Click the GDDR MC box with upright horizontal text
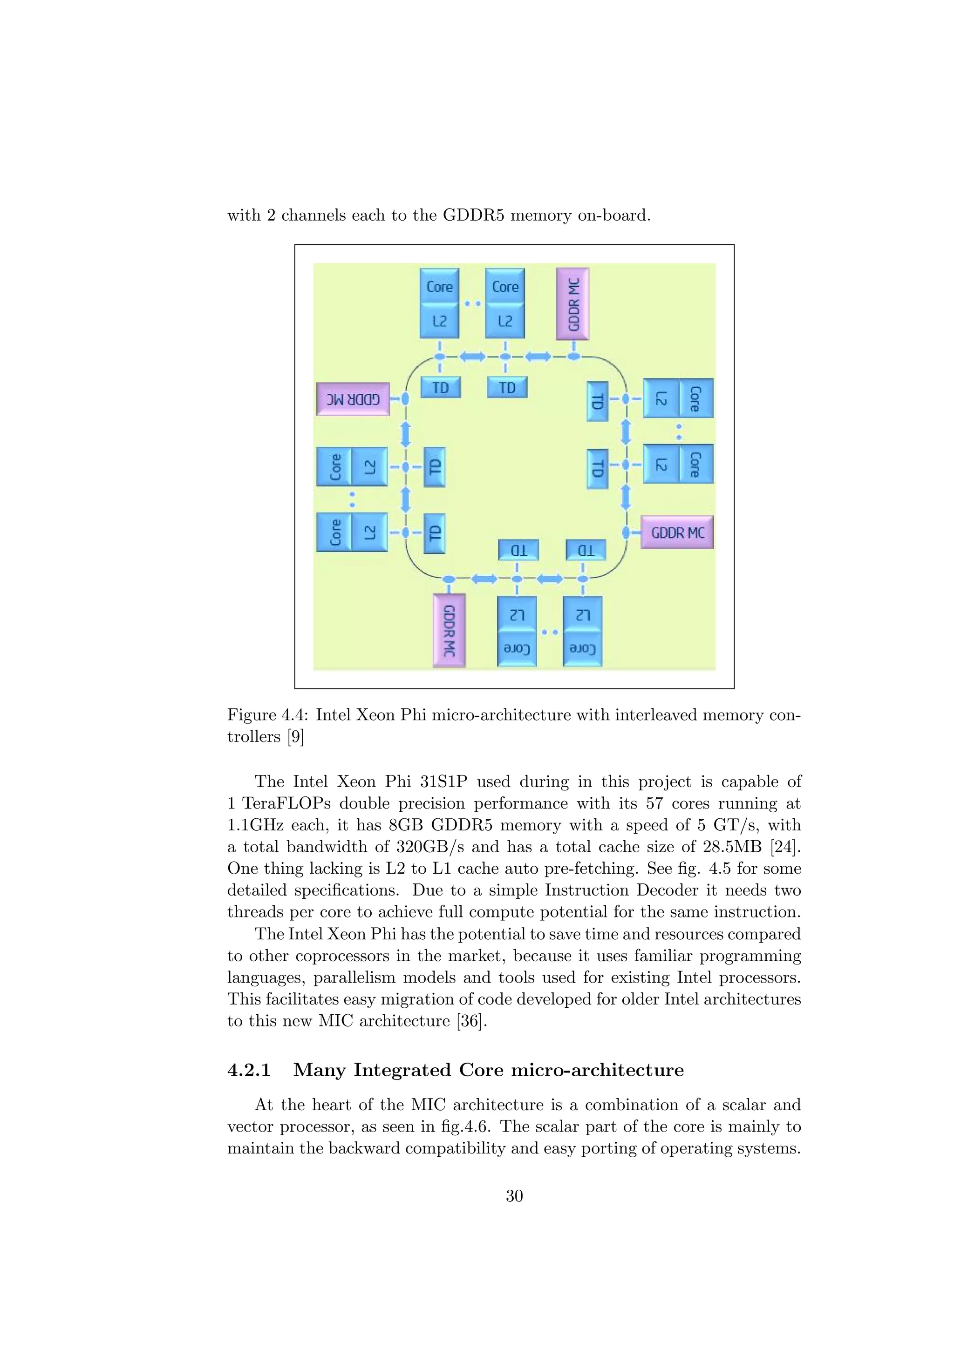point(677,532)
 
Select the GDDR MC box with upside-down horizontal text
point(353,399)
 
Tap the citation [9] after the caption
point(295,737)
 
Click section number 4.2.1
point(249,1070)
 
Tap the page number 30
point(514,1196)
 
